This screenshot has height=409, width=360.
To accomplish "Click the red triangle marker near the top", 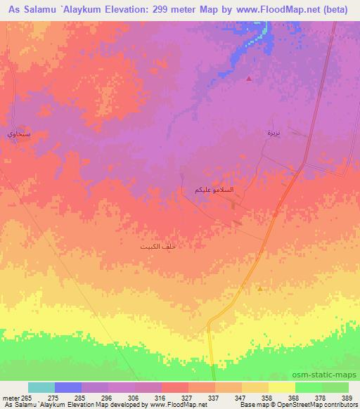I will point(249,79).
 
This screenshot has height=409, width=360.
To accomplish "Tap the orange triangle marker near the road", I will point(260,288).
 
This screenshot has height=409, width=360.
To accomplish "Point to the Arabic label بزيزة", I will point(274,133).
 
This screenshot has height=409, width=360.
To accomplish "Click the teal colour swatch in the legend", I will point(41,387).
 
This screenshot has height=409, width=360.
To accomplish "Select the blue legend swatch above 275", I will point(68,387).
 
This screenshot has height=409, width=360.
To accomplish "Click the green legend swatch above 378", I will point(308,387).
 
